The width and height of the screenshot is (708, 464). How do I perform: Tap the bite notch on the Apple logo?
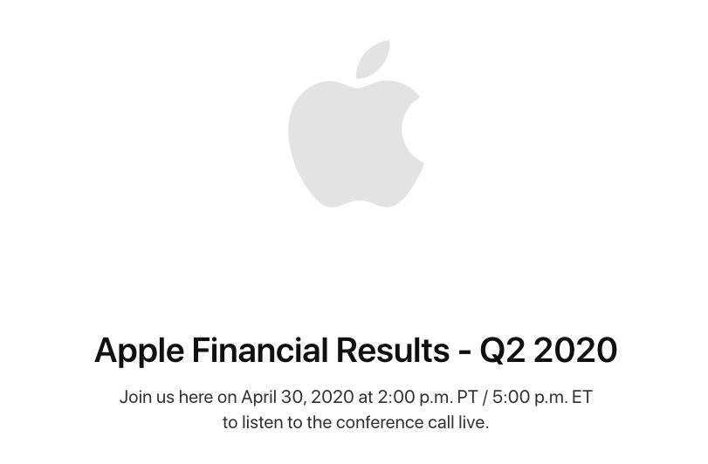412,129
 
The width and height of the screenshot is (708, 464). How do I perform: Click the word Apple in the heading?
140,351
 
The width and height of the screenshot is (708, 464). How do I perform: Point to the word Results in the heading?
393,350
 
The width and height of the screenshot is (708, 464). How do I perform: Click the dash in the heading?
464,352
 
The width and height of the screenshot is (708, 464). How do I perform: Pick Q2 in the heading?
503,351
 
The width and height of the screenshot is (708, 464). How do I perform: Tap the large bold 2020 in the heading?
575,350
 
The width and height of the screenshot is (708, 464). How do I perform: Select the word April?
258,398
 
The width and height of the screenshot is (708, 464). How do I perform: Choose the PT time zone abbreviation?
467,397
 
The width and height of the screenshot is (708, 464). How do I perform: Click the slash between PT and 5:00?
485,398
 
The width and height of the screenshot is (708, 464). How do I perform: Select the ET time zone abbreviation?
582,397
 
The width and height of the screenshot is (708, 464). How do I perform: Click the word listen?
260,422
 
